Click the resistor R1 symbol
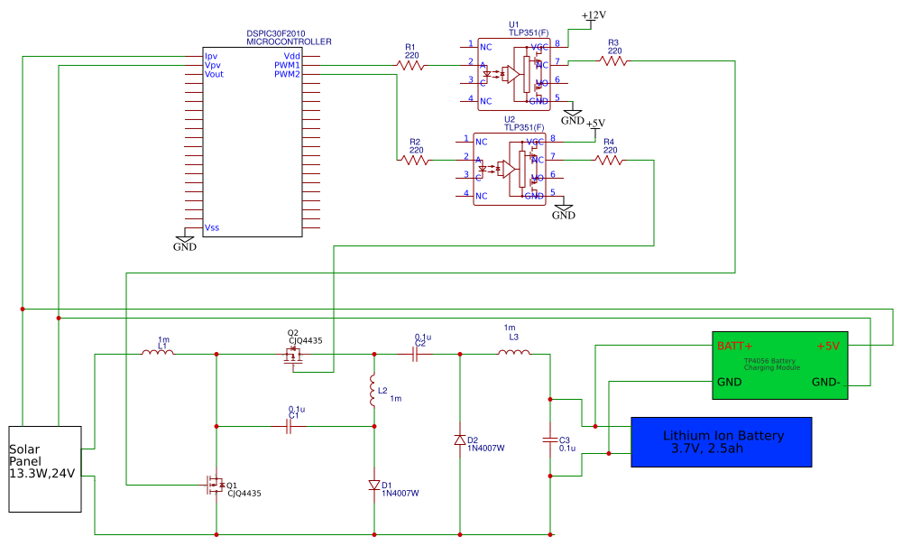click(410, 65)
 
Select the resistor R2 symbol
click(415, 161)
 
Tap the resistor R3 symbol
click(613, 61)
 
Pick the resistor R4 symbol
click(609, 161)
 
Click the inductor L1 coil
click(160, 352)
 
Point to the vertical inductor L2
click(373, 392)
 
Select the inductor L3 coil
click(513, 352)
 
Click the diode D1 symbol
click(373, 486)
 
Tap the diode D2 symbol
click(460, 440)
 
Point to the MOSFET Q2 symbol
click(292, 356)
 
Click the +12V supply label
click(594, 16)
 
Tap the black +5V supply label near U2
click(595, 124)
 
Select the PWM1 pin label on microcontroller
click(287, 65)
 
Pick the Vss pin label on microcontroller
click(212, 227)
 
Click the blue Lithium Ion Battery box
click(721, 441)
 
